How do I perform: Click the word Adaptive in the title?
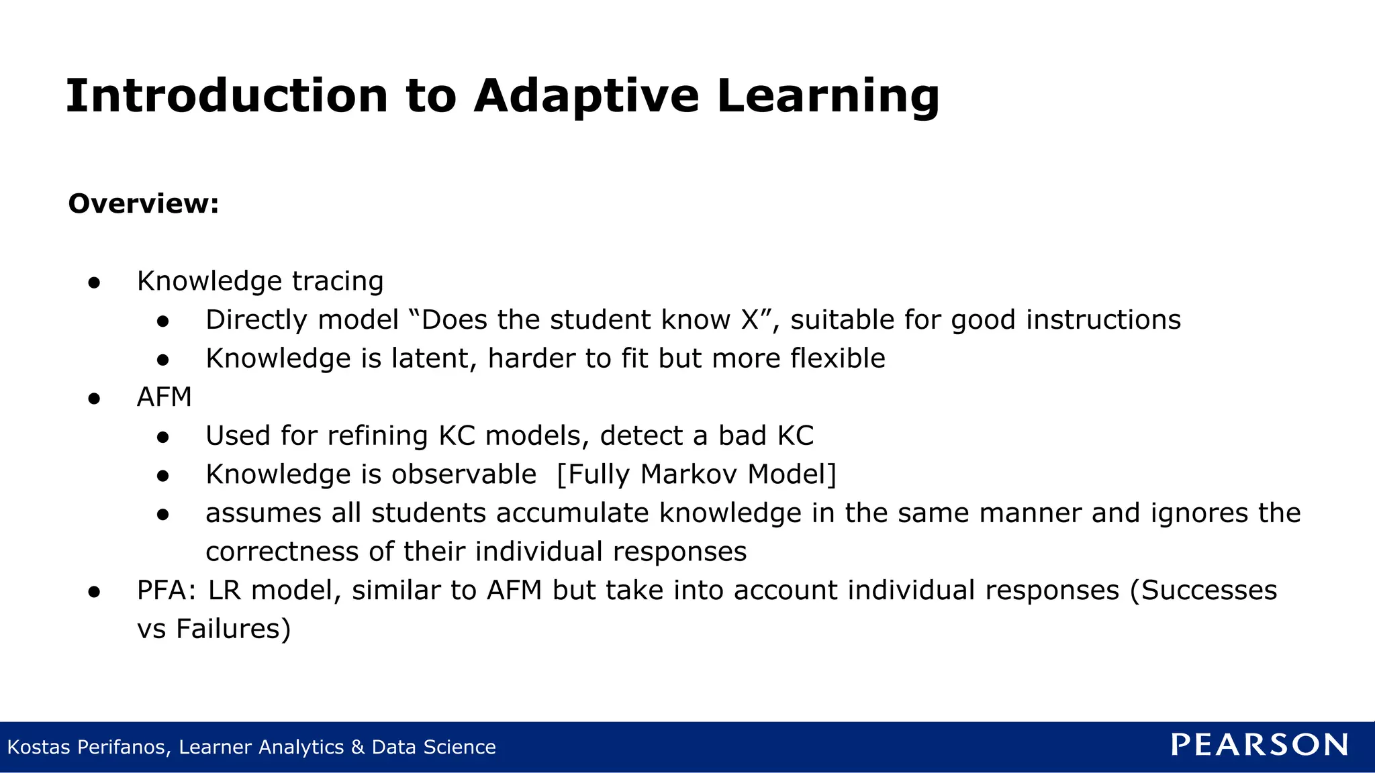[x=586, y=96]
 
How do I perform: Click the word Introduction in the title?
[x=227, y=96]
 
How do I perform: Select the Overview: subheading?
[x=144, y=203]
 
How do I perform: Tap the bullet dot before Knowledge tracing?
[x=94, y=282]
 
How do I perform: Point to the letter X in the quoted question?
[x=750, y=320]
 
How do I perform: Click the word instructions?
[x=1103, y=320]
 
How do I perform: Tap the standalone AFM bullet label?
[x=164, y=397]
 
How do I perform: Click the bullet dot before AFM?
[x=94, y=399]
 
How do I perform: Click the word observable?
[x=464, y=474]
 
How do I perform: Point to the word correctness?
[x=282, y=552]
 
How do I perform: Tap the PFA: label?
[x=166, y=590]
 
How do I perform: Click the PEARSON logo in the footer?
[x=1259, y=745]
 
